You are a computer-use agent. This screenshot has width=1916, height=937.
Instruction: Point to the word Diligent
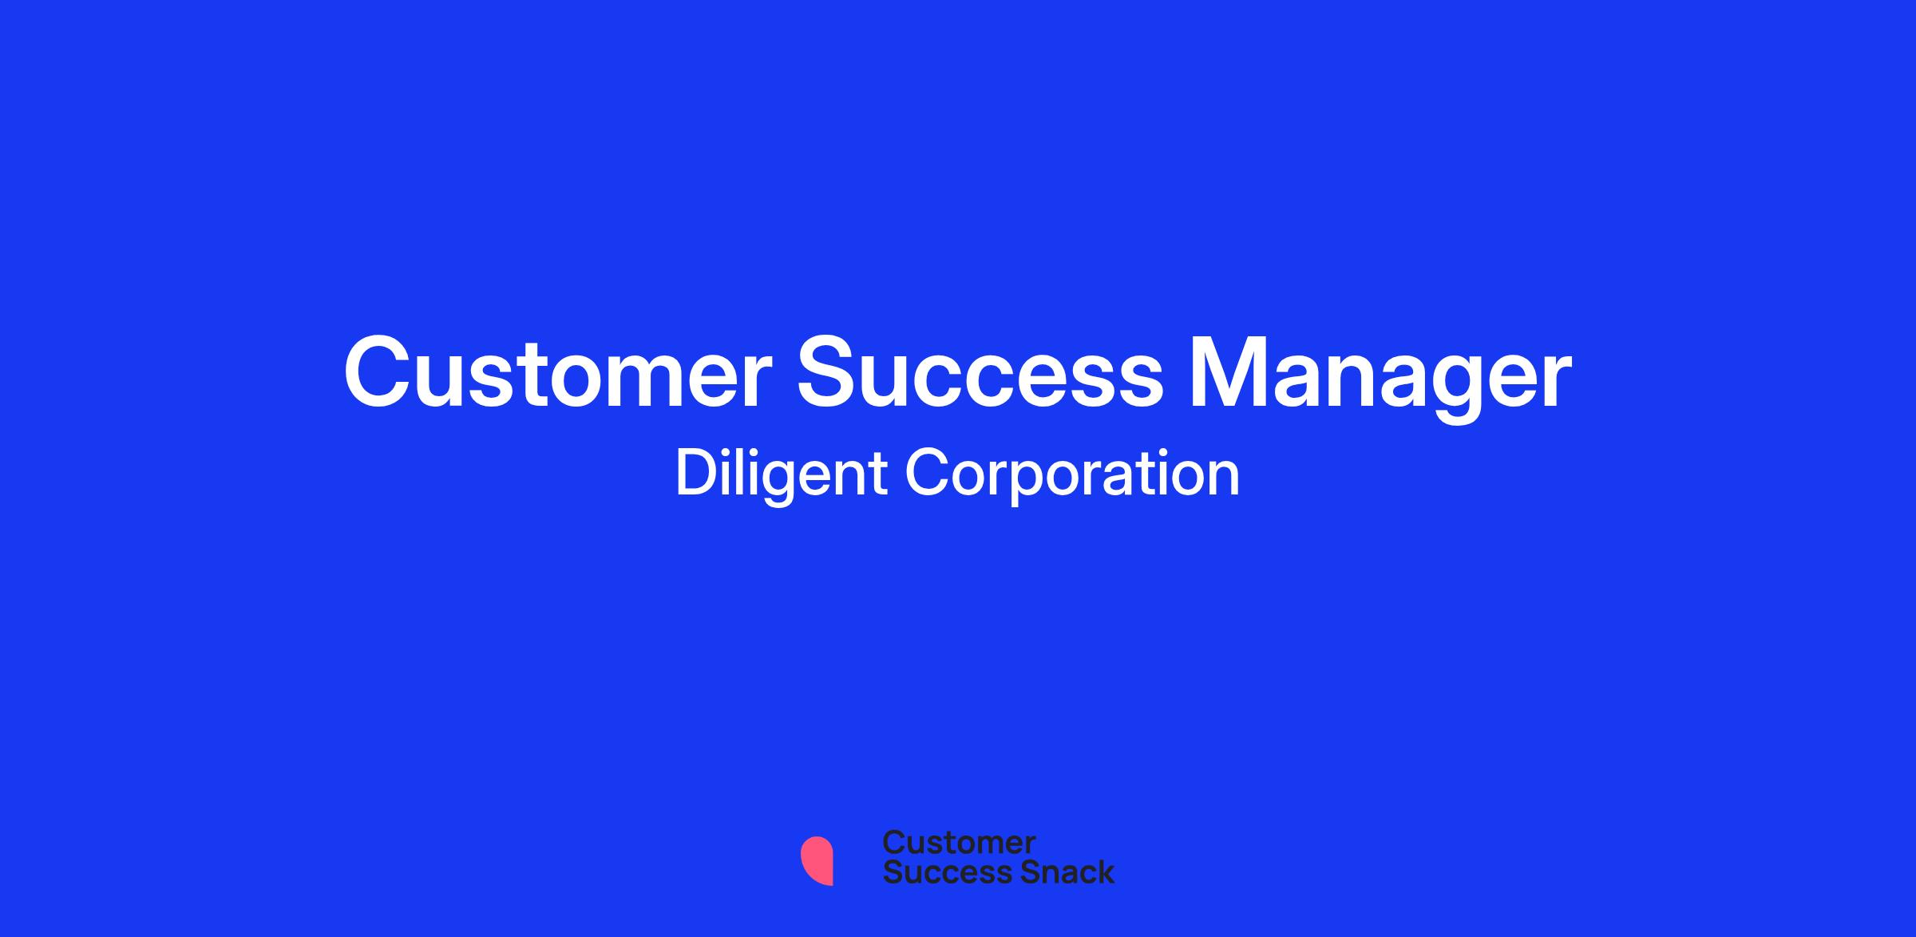click(781, 474)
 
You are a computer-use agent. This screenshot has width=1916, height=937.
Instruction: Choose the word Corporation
click(1072, 474)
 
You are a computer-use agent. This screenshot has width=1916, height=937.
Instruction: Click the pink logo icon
click(817, 860)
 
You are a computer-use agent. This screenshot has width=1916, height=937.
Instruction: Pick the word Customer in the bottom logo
click(959, 843)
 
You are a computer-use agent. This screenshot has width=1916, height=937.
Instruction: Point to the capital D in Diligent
click(695, 474)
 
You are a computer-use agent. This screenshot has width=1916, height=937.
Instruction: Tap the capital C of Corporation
click(927, 474)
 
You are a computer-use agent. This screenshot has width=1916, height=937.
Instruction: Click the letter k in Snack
click(1104, 871)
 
